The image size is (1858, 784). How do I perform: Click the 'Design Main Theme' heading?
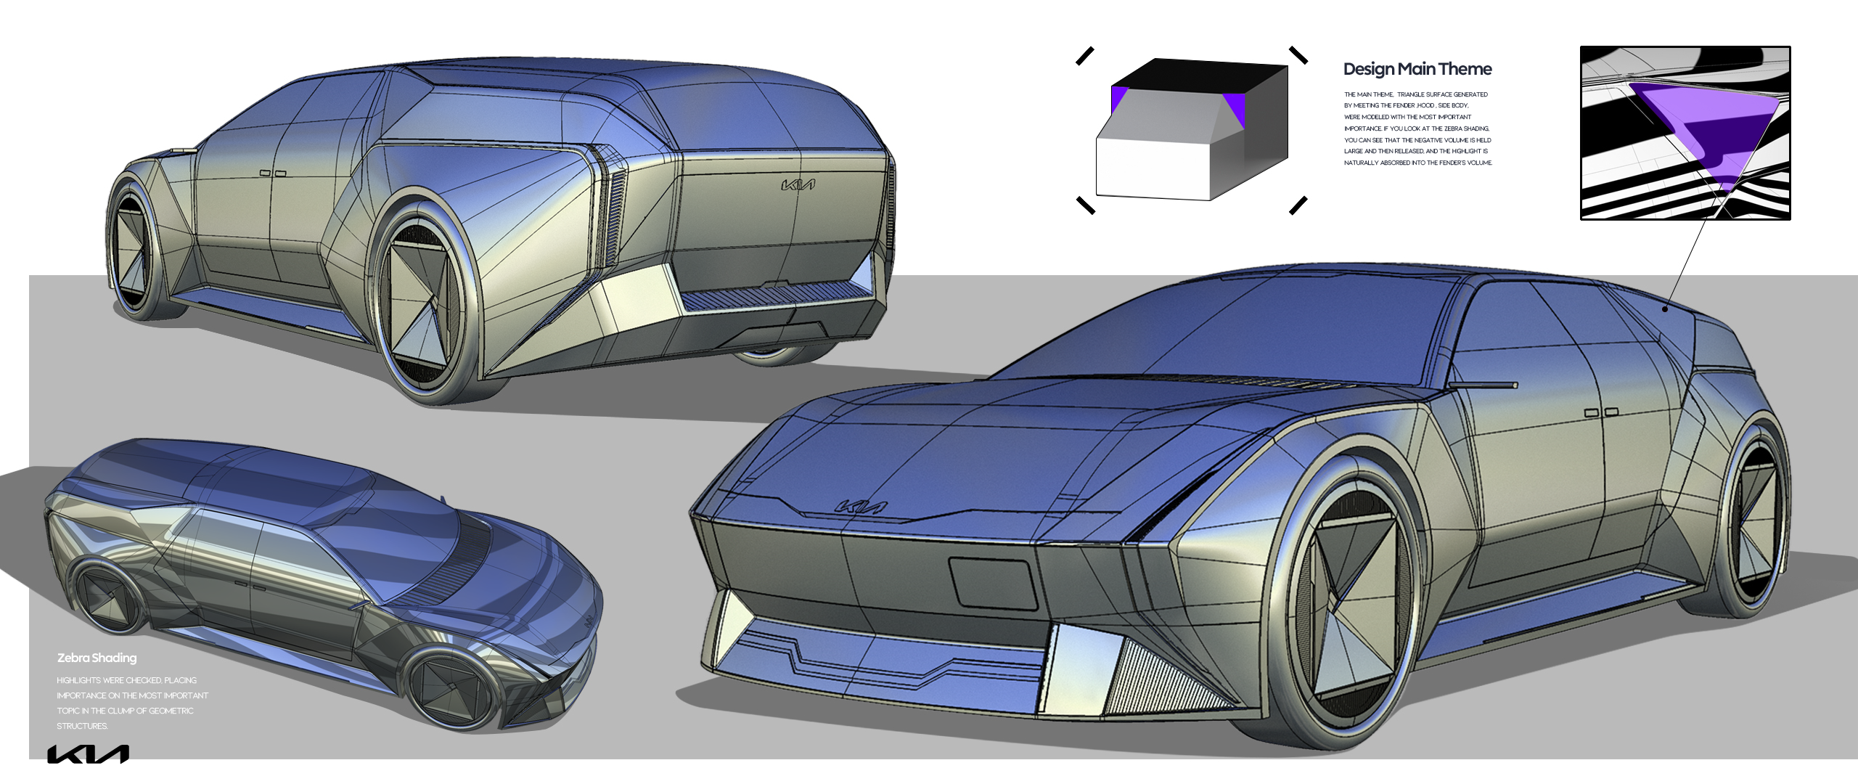pyautogui.click(x=1417, y=69)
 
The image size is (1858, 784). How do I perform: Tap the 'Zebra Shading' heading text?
pyautogui.click(x=97, y=658)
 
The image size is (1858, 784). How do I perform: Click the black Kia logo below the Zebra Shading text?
pyautogui.click(x=88, y=754)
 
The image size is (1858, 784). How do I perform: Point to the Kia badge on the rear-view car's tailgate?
pyautogui.click(x=798, y=185)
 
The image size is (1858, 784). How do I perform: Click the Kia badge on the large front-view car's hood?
pyautogui.click(x=861, y=507)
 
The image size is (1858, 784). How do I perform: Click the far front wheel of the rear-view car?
pyautogui.click(x=134, y=247)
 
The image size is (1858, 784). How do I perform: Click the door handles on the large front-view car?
pyautogui.click(x=1601, y=412)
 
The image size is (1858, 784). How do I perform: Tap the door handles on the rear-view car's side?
pyautogui.click(x=273, y=173)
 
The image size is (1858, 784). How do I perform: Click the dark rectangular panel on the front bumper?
pyautogui.click(x=994, y=583)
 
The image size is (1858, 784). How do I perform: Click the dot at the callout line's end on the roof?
pyautogui.click(x=1665, y=309)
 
